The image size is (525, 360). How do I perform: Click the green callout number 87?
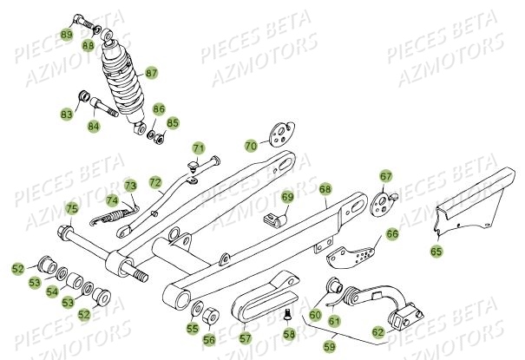pos(175,74)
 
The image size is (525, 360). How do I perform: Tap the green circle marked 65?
pos(436,251)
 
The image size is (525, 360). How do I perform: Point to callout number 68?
pos(325,188)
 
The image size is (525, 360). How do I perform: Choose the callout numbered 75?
pos(72,208)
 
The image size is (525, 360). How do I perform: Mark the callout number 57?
pos(246,337)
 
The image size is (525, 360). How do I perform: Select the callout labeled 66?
pos(392,233)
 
